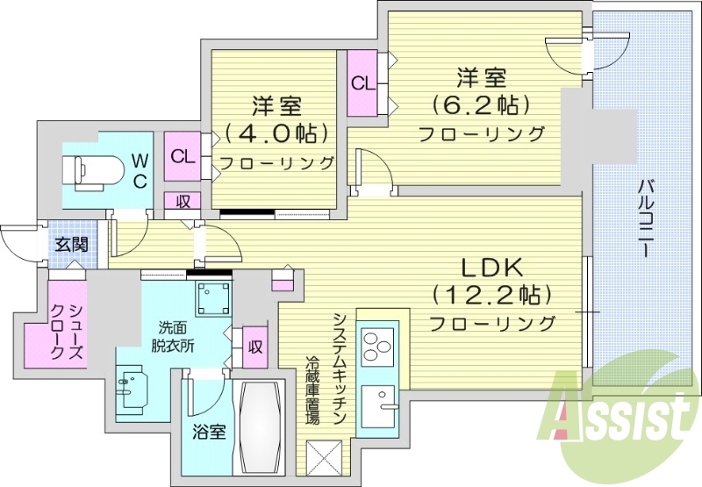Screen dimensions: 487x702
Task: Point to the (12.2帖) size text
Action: pos(491,295)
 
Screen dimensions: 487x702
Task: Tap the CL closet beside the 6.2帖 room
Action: pos(361,83)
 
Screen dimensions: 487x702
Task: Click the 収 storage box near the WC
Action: pos(183,201)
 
